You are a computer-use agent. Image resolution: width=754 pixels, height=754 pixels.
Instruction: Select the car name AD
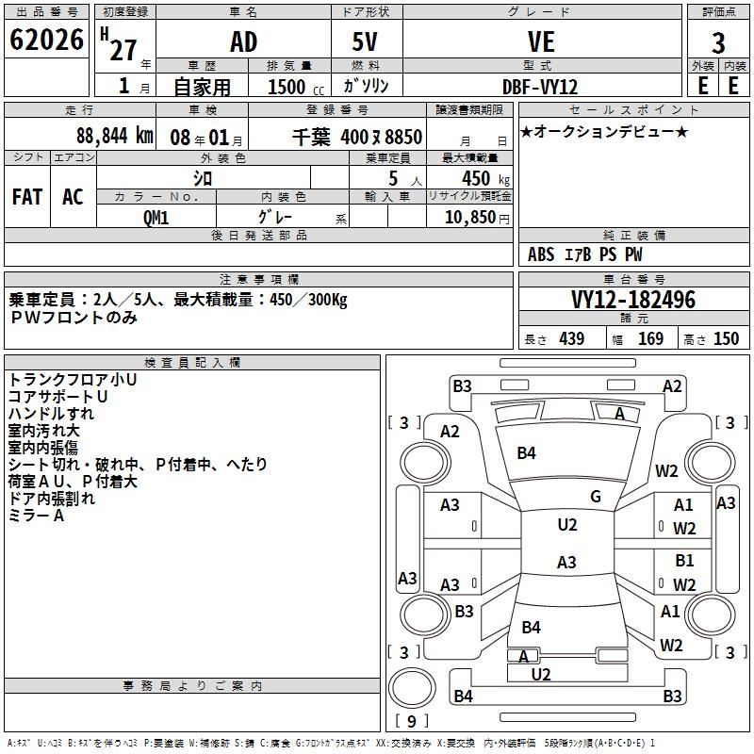point(243,42)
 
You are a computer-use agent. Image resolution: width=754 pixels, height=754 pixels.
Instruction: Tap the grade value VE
point(541,42)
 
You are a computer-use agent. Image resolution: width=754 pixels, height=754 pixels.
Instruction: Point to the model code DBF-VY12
point(541,85)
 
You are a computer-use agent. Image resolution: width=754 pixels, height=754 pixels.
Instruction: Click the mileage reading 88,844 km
point(114,135)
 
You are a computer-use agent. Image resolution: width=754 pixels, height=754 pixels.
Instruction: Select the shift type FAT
point(27,196)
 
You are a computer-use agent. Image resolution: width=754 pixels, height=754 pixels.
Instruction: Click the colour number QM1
point(156,217)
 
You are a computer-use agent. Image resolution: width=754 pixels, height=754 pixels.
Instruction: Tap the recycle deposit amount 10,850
point(468,217)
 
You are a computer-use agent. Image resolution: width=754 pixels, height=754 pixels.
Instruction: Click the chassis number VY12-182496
point(633,300)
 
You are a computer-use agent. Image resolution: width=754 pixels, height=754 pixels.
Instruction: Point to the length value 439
point(571,339)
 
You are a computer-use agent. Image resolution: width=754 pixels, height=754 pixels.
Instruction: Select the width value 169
point(650,339)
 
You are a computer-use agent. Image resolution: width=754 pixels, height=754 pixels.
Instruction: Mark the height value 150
point(726,339)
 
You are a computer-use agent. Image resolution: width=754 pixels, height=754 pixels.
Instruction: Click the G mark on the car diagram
point(596,497)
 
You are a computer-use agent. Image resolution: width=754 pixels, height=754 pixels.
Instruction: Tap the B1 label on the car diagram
point(684,561)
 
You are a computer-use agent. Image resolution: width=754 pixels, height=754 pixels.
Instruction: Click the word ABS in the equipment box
point(541,254)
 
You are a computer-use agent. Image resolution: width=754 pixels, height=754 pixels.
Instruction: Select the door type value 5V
point(368,42)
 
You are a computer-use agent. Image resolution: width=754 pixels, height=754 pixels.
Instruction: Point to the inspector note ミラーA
point(36,516)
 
